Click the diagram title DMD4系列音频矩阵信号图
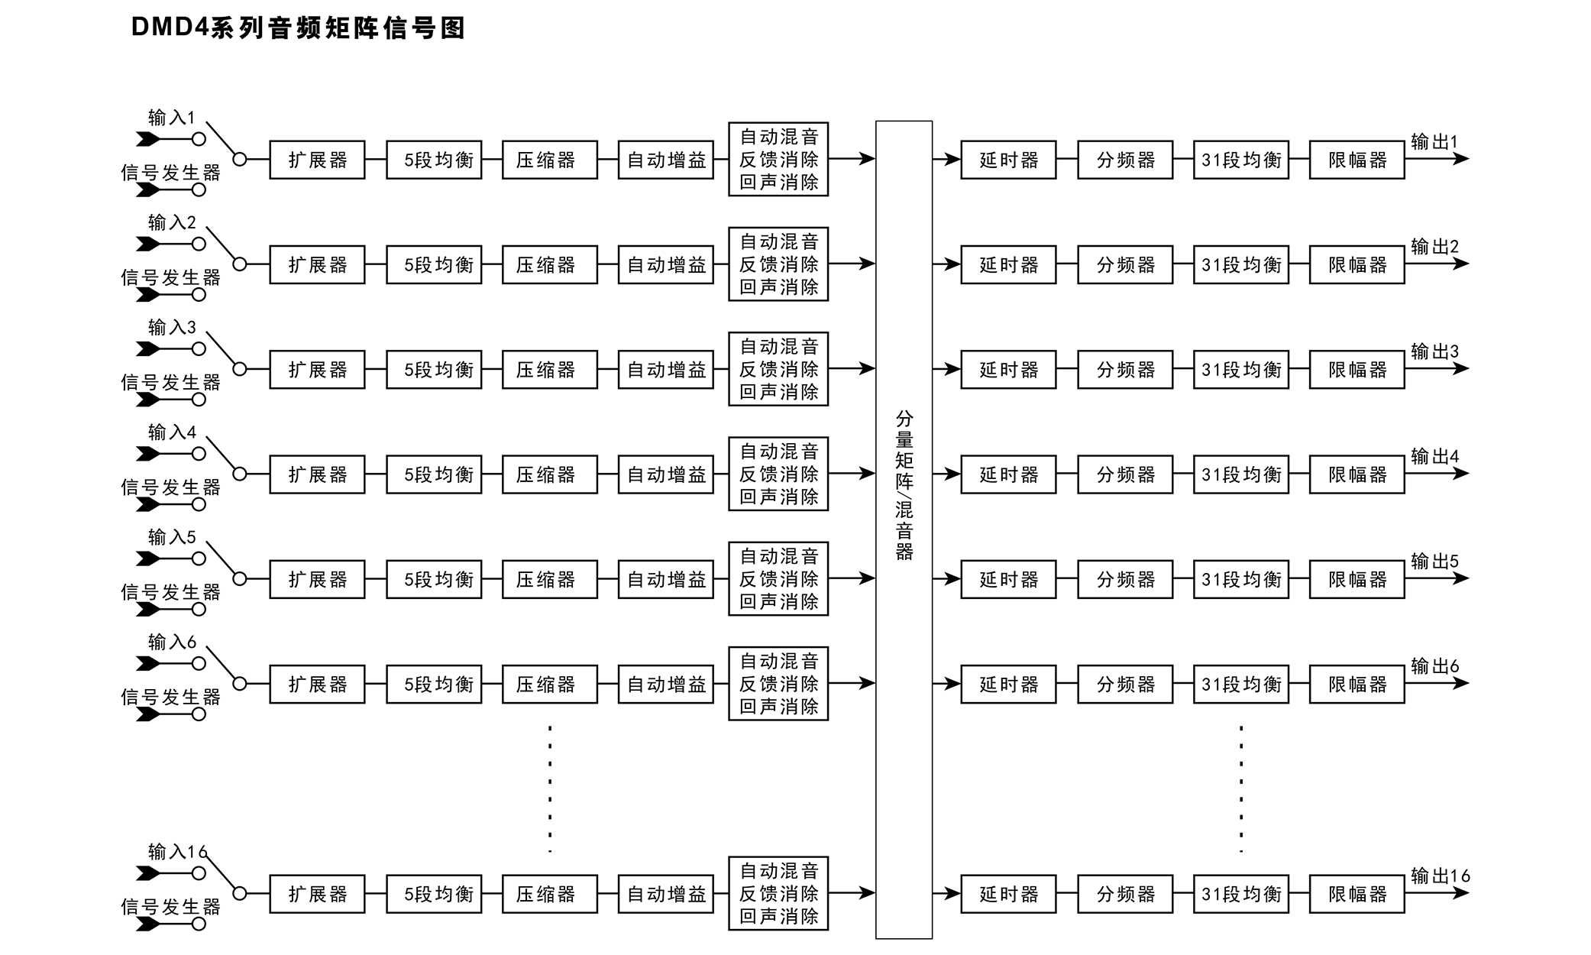click(x=298, y=28)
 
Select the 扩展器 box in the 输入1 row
click(x=317, y=160)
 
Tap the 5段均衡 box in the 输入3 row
click(x=434, y=370)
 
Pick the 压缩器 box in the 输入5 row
click(x=549, y=580)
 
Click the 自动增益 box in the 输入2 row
click(x=665, y=265)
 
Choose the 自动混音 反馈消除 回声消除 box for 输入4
click(x=778, y=474)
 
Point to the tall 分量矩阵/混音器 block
click(x=904, y=529)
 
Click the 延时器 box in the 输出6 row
click(x=1008, y=685)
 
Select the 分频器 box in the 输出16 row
click(x=1125, y=894)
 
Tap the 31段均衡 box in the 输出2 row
click(x=1241, y=265)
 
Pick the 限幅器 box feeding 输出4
click(x=1357, y=474)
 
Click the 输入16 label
click(x=177, y=851)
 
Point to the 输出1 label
click(x=1434, y=141)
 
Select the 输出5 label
click(x=1434, y=561)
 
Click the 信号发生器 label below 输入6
click(x=170, y=697)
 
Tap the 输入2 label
click(x=172, y=222)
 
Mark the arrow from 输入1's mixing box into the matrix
click(x=852, y=159)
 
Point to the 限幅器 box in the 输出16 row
click(x=1357, y=894)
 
